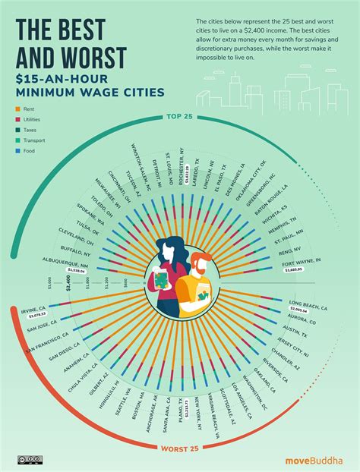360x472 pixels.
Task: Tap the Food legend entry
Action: [x=30, y=150]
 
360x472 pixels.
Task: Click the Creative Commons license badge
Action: [x=30, y=459]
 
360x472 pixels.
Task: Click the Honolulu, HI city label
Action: [x=115, y=392]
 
